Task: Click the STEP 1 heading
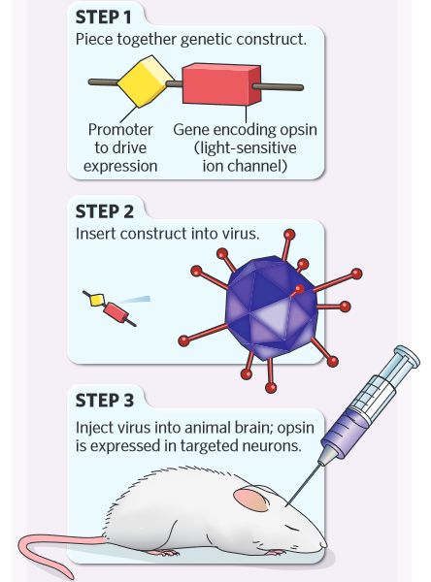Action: [103, 17]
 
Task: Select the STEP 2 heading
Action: [105, 211]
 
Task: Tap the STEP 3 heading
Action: [105, 401]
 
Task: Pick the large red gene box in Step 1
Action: [221, 83]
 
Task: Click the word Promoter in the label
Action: [120, 130]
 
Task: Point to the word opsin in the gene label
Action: [298, 130]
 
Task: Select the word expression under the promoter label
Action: [120, 166]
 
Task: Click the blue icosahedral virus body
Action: [272, 308]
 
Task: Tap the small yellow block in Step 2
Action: [97, 300]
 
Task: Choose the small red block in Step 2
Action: [116, 312]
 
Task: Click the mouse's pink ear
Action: [251, 499]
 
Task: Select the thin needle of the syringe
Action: [303, 485]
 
